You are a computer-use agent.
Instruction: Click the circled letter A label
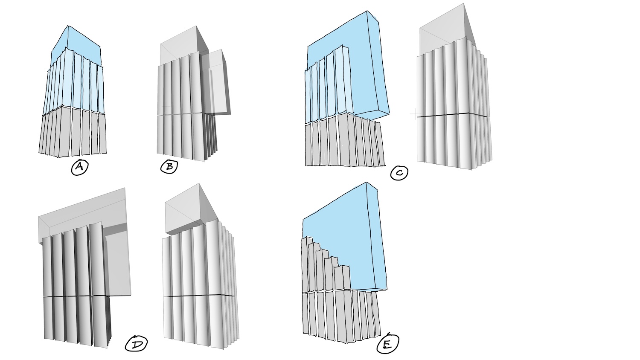pos(79,167)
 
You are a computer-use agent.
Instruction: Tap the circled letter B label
pos(169,166)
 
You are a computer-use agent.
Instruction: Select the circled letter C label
pos(399,173)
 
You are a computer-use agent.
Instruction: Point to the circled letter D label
pos(136,344)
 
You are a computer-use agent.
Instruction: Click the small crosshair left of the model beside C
pos(415,114)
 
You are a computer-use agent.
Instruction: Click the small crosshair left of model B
pos(166,107)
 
